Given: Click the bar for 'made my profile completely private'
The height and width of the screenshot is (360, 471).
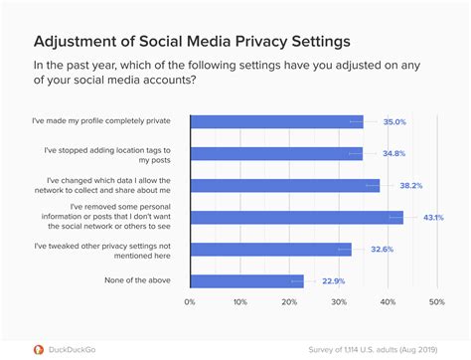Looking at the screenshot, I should pos(276,122).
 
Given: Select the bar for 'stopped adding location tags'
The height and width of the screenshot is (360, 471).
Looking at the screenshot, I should pos(276,153).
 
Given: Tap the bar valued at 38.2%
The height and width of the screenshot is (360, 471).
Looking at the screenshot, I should pos(284,185).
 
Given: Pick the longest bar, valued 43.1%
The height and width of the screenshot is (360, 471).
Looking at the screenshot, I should pos(296,217).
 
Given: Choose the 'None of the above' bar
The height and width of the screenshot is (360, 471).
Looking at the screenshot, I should pos(246,280).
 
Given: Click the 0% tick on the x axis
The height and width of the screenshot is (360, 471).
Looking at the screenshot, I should pos(190,302).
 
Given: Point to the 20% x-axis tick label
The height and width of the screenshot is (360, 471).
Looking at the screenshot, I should pos(288,302).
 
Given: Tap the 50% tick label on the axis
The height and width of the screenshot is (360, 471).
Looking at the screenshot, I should pos(435,302).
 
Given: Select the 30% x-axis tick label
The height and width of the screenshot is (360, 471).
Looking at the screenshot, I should pos(338,302).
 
